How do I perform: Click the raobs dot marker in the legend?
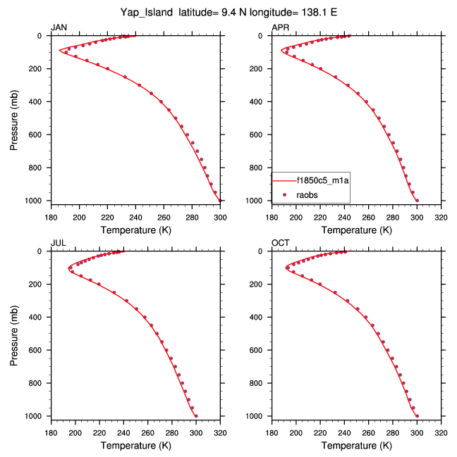[284, 192]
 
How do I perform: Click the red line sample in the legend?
[284, 181]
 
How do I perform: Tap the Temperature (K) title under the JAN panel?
[135, 230]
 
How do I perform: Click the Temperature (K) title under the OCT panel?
[356, 446]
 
